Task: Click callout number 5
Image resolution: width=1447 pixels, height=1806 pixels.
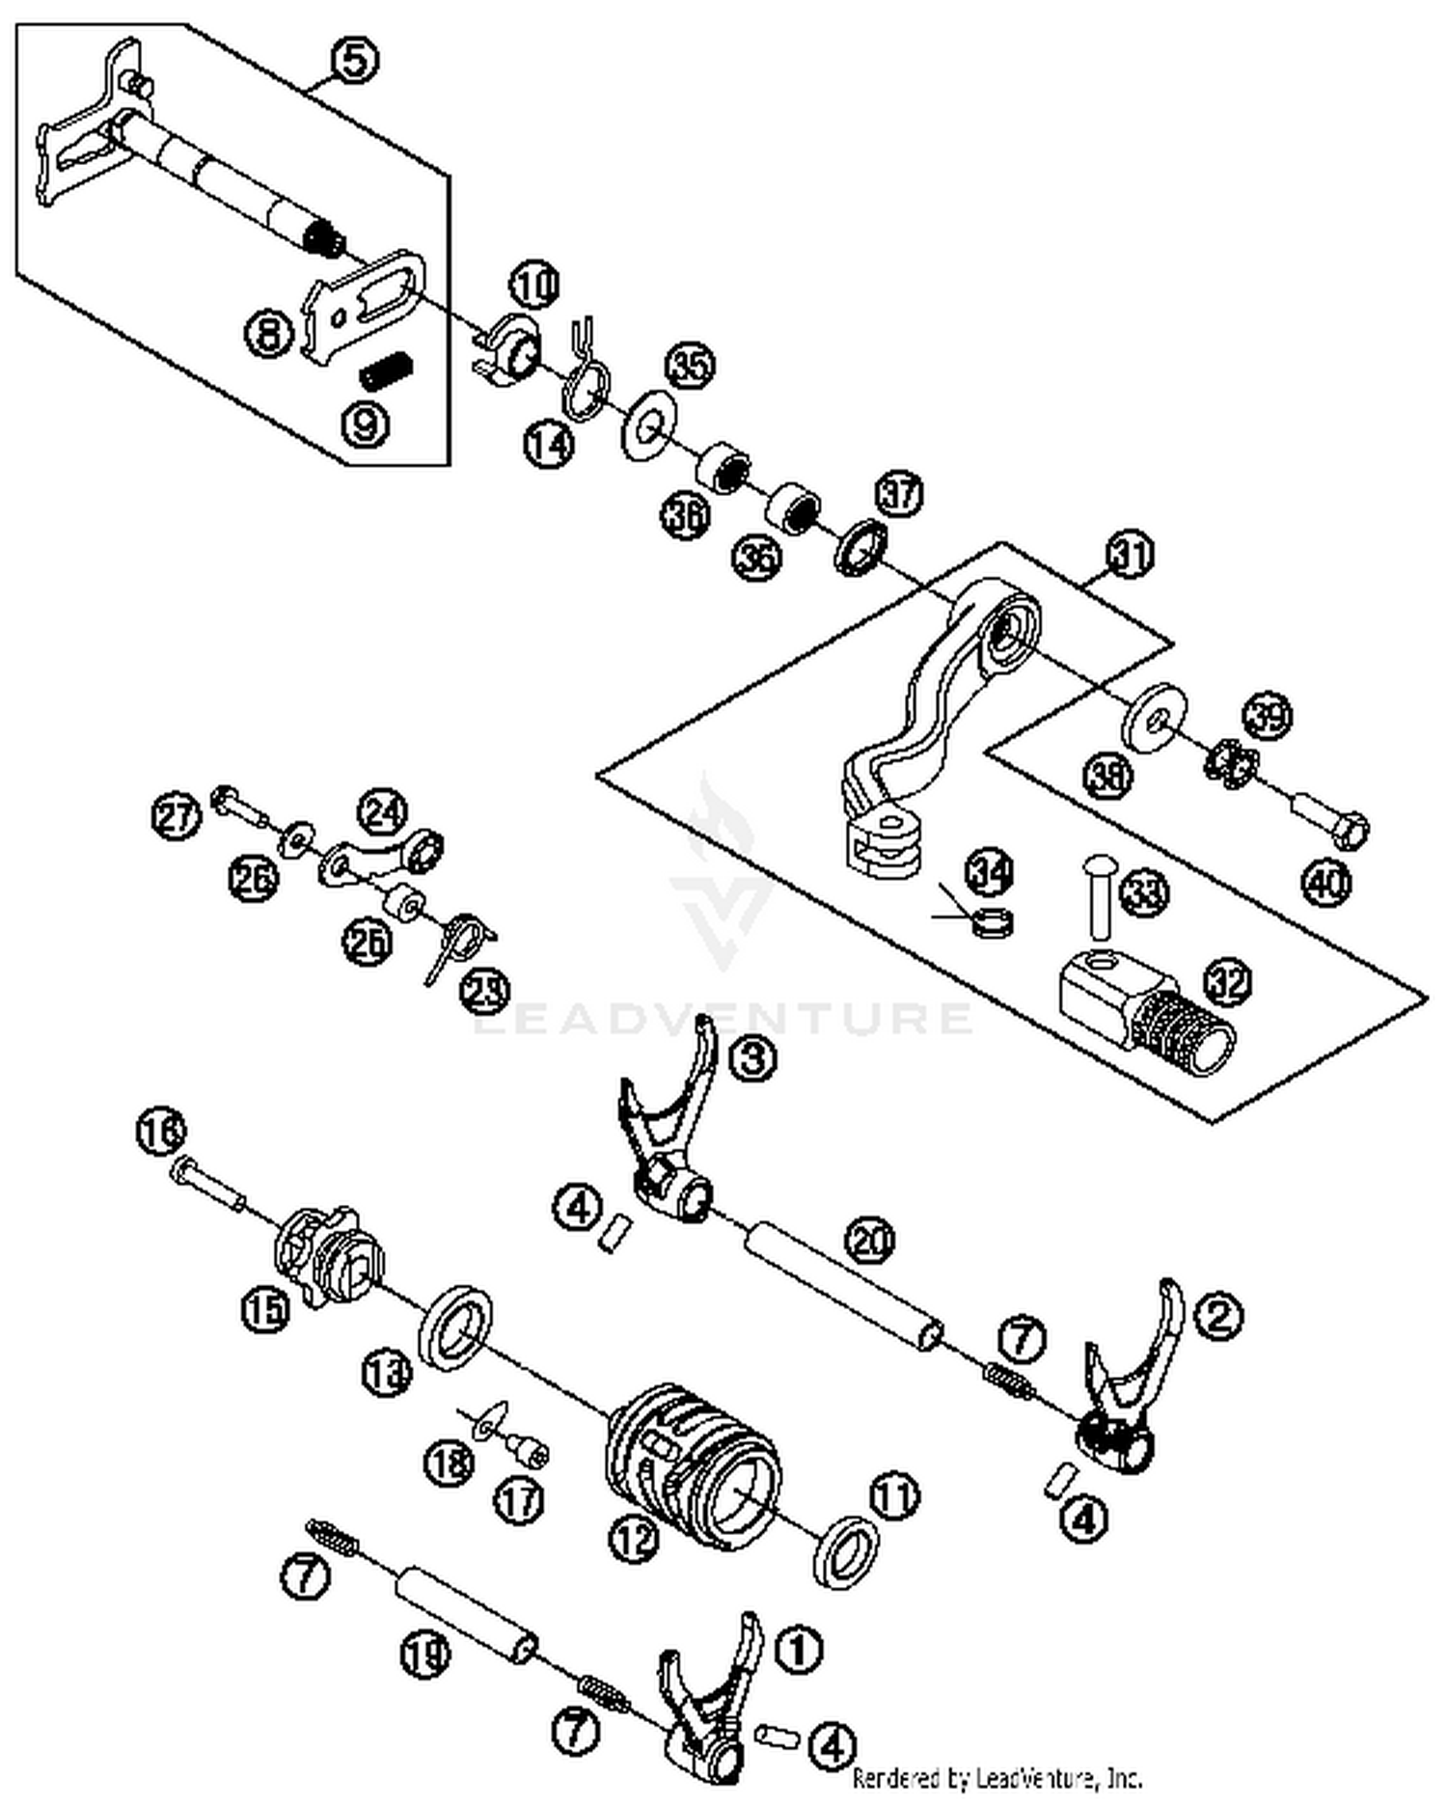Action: tap(354, 61)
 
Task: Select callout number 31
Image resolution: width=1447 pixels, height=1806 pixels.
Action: tap(1130, 556)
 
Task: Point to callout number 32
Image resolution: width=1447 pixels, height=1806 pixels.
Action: tap(1227, 982)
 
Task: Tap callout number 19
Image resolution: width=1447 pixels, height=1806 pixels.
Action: tap(425, 1655)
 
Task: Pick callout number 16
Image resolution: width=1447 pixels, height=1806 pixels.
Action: tap(161, 1131)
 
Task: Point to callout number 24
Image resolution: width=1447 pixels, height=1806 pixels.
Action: tap(382, 812)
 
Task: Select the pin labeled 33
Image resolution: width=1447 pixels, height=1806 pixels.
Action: tap(1097, 896)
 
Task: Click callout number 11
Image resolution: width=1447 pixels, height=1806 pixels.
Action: tap(894, 1496)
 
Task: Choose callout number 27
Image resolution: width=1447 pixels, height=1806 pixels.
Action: tap(177, 816)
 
